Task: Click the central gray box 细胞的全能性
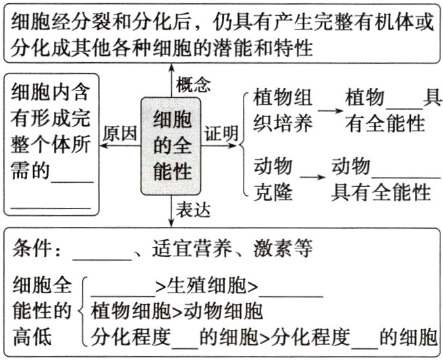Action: tap(172, 146)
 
